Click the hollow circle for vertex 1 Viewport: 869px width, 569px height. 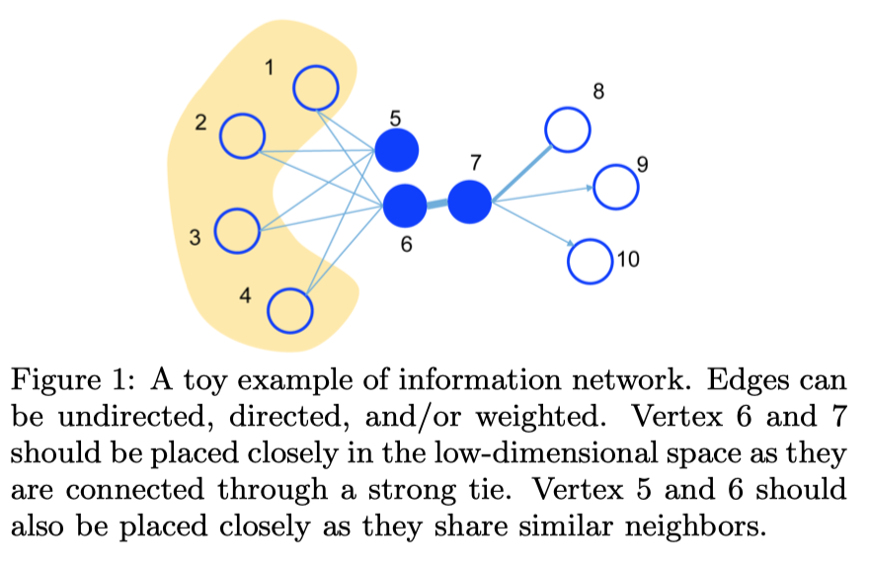pos(316,87)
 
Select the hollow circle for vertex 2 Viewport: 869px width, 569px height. pos(242,135)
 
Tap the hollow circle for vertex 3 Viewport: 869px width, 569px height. pos(237,230)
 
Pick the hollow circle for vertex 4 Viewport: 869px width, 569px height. pos(290,310)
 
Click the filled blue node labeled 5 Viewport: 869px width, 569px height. pos(397,150)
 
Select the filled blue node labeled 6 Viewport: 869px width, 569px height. pos(404,204)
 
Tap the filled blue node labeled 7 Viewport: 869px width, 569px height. pos(469,202)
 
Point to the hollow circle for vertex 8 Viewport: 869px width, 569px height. pos(568,129)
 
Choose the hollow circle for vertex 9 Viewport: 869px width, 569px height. pos(614,184)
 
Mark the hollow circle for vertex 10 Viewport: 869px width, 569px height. pos(591,260)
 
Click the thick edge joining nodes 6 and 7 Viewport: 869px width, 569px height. pos(436,203)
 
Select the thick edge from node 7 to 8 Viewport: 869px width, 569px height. pos(521,174)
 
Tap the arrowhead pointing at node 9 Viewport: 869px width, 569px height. pos(589,186)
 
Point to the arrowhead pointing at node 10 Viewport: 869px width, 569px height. pos(571,244)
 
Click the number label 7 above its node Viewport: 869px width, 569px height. pos(476,161)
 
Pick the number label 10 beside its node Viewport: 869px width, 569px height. pos(628,260)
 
